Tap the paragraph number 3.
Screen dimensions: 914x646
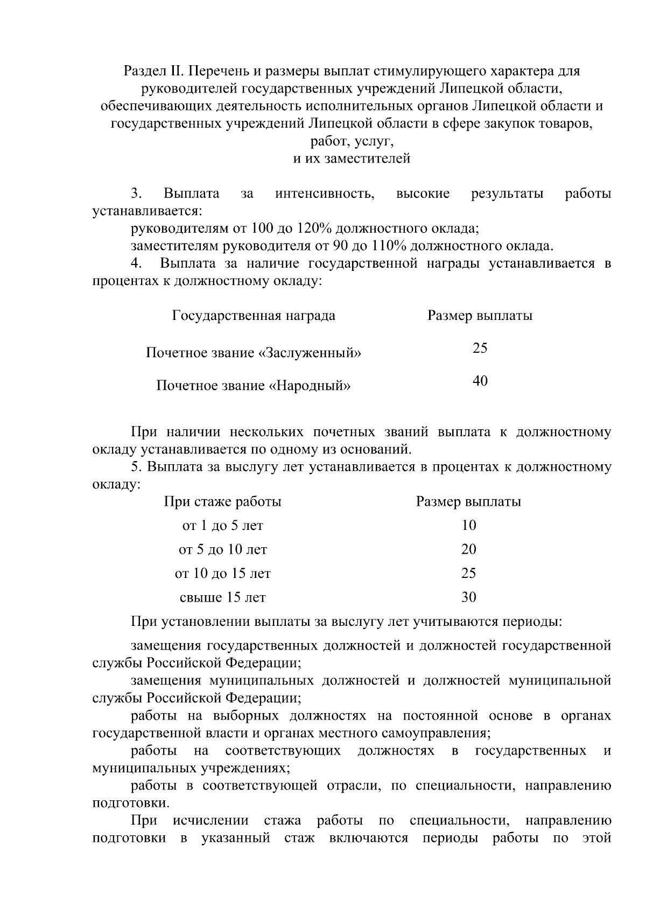(x=136, y=194)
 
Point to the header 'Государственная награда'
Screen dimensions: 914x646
(x=254, y=316)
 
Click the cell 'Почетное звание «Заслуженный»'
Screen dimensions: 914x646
(x=254, y=353)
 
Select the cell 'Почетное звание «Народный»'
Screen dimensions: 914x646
(x=254, y=386)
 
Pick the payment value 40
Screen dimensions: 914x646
(x=480, y=381)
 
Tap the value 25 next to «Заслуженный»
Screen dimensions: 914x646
(x=480, y=348)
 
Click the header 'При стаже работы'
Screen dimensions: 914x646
(x=222, y=502)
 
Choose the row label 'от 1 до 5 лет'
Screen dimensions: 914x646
(x=222, y=526)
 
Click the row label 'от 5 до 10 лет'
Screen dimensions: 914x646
(x=222, y=550)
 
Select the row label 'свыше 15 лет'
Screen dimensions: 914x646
(x=222, y=598)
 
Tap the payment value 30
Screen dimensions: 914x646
(x=468, y=597)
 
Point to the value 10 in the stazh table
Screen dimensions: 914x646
(x=468, y=526)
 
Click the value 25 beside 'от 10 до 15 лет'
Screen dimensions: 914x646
(x=468, y=574)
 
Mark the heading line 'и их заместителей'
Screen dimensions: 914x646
(x=352, y=159)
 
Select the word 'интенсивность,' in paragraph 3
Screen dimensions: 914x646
(x=325, y=194)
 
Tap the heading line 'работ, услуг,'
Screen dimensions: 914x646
(x=352, y=142)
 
